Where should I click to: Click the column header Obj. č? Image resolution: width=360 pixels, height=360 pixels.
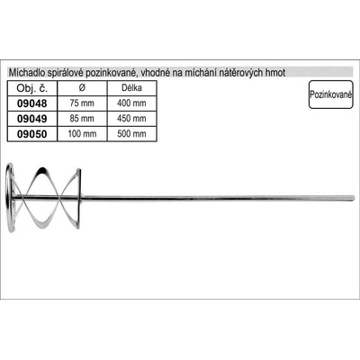(x=32, y=88)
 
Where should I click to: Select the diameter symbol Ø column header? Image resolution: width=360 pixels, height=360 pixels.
(x=82, y=88)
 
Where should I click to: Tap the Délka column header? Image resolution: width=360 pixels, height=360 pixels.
(x=131, y=88)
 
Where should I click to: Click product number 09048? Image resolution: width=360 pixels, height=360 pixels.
(x=32, y=103)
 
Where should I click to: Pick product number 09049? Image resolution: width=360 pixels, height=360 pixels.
(x=32, y=119)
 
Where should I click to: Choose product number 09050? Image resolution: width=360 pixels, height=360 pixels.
(x=32, y=134)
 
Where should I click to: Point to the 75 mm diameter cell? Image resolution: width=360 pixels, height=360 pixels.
(x=82, y=103)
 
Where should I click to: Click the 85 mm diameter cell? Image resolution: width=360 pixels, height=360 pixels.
(x=82, y=119)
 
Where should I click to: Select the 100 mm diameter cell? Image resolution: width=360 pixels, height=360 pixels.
(x=82, y=133)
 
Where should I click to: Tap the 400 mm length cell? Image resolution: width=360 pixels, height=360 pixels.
(x=131, y=103)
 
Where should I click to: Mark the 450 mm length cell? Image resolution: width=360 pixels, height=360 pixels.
(x=131, y=119)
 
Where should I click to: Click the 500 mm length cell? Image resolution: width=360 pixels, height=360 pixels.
(x=131, y=133)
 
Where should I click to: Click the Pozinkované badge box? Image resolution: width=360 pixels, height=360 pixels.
(x=330, y=94)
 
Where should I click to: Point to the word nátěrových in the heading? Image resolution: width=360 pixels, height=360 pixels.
(x=241, y=73)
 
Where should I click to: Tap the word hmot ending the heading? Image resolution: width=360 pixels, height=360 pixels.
(x=275, y=73)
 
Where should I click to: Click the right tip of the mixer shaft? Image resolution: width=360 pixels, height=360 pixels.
(x=355, y=198)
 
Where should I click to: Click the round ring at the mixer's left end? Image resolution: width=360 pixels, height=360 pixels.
(x=7, y=198)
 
